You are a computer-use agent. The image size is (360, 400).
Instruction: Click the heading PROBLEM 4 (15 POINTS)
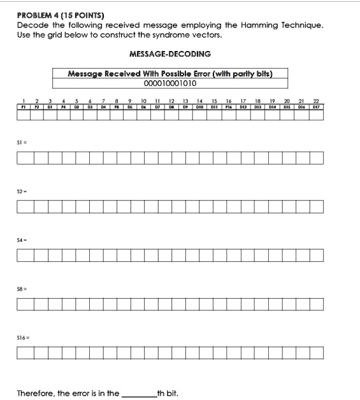point(61,15)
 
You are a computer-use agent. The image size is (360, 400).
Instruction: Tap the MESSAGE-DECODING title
point(170,55)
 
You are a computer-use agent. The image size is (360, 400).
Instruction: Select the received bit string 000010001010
point(170,83)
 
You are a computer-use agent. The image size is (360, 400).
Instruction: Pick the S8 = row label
point(23,290)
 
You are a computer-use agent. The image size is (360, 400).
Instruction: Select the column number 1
point(23,101)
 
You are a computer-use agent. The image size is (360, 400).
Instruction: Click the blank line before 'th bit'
point(138,392)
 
